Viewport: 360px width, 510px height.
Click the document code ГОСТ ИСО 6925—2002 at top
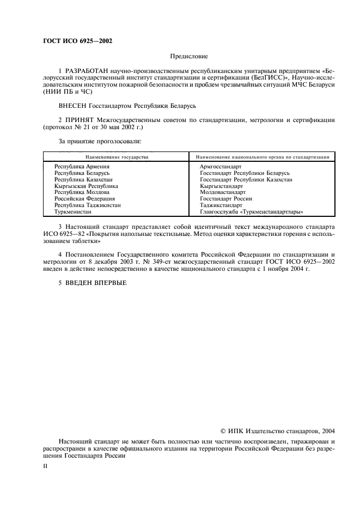pyautogui.click(x=77, y=41)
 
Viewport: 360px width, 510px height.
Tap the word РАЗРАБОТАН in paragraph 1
pyautogui.click(x=88, y=71)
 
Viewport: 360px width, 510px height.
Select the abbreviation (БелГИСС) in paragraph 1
pyautogui.click(x=256, y=78)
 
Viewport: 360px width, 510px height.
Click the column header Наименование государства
pyautogui.click(x=117, y=156)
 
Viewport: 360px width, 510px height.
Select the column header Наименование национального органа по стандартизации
pyautogui.click(x=262, y=156)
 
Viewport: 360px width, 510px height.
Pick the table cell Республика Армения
pyautogui.click(x=82, y=166)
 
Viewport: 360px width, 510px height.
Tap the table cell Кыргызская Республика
pyautogui.click(x=86, y=186)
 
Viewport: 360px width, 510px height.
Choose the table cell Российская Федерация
pyautogui.click(x=84, y=199)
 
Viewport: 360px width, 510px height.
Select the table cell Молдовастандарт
pyautogui.click(x=223, y=192)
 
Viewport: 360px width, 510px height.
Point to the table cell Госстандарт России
pyautogui.click(x=226, y=199)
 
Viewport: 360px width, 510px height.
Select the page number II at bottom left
pyautogui.click(x=46, y=466)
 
